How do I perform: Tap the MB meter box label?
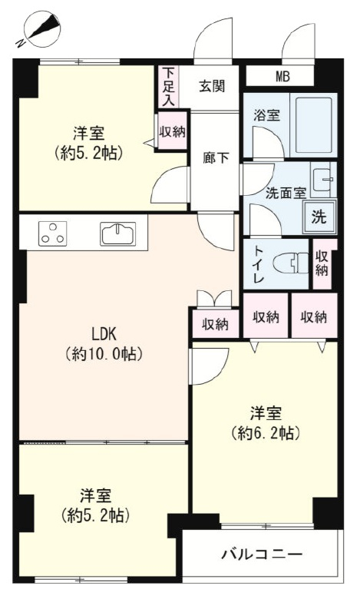tap(282, 77)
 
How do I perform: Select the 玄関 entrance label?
tap(212, 87)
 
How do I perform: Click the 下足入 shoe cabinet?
tap(168, 87)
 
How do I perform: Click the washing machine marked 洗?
tap(319, 217)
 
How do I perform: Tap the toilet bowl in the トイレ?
tap(291, 263)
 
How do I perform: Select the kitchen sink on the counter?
tap(117, 233)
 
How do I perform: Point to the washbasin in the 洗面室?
tap(323, 180)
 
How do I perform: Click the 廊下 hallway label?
tap(216, 157)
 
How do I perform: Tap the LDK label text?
tap(104, 335)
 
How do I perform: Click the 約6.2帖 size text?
tap(266, 433)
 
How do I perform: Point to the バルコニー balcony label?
tap(262, 554)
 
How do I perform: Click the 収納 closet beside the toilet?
tap(322, 263)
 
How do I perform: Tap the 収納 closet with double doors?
tap(216, 324)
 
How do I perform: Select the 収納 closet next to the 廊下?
tap(172, 132)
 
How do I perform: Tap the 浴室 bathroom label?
tap(267, 115)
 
